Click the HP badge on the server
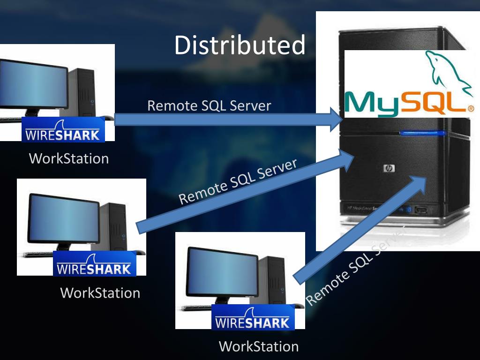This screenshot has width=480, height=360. tap(389, 168)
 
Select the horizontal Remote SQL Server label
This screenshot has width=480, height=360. tap(209, 106)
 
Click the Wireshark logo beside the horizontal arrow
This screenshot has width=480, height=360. tap(63, 130)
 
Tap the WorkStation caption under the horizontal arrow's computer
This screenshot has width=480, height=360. tap(69, 158)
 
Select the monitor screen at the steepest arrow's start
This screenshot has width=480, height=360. tap(222, 271)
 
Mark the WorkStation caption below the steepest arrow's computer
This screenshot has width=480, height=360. tap(259, 347)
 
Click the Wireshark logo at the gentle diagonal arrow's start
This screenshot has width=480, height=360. tap(94, 264)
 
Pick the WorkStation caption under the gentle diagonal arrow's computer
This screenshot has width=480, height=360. tap(100, 293)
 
